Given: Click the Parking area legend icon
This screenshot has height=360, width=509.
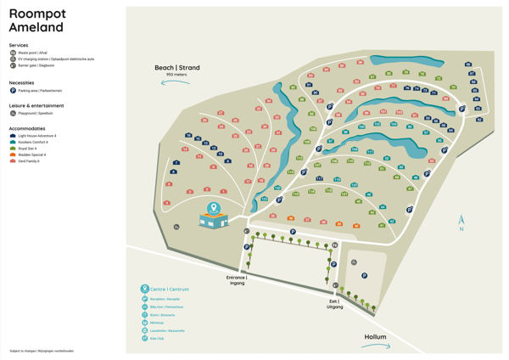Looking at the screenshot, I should tap(12, 90).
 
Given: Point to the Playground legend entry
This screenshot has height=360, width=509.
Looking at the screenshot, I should tap(12, 113).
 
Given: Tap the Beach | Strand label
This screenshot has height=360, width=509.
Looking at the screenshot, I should tap(176, 68).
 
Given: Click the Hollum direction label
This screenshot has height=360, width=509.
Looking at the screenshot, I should tap(375, 337).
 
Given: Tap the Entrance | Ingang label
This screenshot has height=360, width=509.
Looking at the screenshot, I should tap(236, 279).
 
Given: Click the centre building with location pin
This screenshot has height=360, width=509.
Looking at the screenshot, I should tap(213, 217).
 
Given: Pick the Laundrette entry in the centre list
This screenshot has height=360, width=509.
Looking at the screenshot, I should tap(170, 331).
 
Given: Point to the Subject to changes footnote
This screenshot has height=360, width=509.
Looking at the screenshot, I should tap(42, 350).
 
